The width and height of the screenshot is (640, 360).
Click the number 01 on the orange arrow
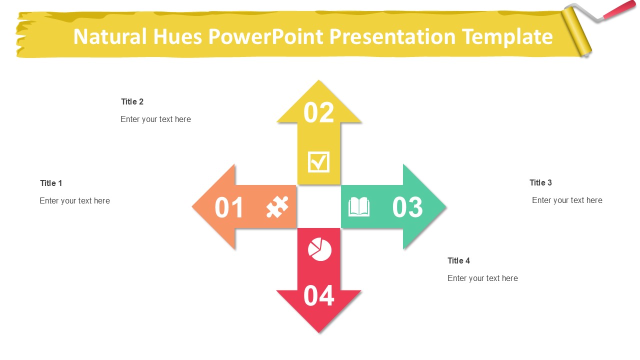click(x=229, y=207)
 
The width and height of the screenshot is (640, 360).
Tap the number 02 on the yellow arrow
click(x=318, y=112)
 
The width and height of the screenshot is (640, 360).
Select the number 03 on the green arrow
click(x=407, y=207)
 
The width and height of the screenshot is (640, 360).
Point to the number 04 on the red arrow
click(x=318, y=295)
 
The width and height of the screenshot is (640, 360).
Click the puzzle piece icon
click(x=277, y=207)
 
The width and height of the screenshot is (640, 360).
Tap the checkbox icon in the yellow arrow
click(x=318, y=162)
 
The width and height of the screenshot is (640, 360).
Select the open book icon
click(x=359, y=206)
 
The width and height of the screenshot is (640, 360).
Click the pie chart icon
click(x=319, y=249)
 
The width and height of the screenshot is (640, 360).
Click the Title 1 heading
click(x=51, y=183)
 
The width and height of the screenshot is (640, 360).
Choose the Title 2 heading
click(x=132, y=101)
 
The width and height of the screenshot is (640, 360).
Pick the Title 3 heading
click(x=540, y=182)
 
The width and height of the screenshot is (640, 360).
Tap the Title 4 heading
click(x=458, y=260)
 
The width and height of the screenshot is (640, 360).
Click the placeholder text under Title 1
click(x=74, y=201)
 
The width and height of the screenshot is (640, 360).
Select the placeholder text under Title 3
click(x=567, y=200)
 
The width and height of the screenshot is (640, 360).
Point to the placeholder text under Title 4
click(x=482, y=278)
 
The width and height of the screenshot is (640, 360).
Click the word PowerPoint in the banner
click(x=265, y=36)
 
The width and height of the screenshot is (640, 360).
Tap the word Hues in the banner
click(x=177, y=36)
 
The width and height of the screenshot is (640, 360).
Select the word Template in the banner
click(x=507, y=37)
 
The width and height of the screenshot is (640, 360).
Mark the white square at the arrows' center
click(x=319, y=206)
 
